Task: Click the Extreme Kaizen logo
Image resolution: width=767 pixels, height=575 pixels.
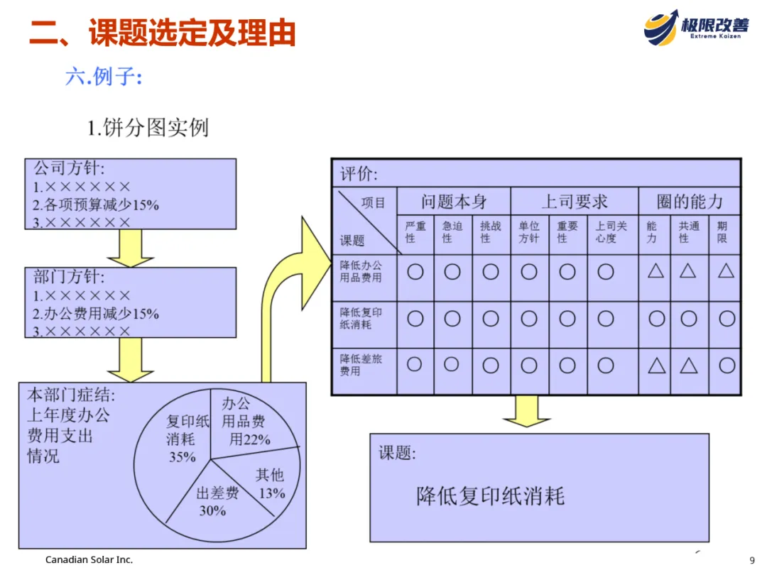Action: tap(696, 26)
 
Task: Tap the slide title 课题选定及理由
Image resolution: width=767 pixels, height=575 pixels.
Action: tap(162, 33)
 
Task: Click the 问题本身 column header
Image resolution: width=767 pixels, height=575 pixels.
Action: tap(454, 202)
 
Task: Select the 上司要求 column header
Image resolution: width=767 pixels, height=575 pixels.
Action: tap(575, 202)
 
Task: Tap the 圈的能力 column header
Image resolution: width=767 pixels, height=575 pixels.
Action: tap(689, 202)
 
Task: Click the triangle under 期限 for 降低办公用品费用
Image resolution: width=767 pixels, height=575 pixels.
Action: tap(725, 271)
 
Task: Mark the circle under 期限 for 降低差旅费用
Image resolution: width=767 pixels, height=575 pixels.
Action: tap(726, 365)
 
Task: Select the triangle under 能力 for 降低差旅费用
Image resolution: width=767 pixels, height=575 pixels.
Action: tap(656, 366)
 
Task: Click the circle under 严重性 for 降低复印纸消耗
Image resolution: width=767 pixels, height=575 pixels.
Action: tap(415, 319)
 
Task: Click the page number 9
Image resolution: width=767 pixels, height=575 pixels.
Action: tap(752, 559)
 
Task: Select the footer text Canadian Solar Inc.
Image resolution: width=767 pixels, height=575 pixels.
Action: tap(89, 559)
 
